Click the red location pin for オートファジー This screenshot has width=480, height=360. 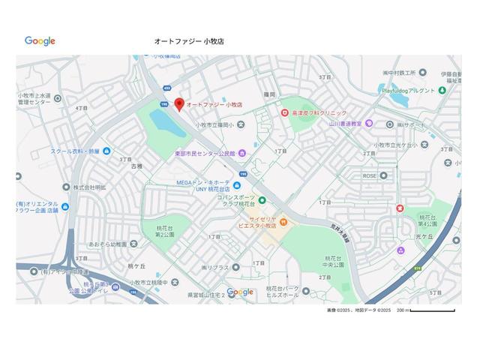[179, 104]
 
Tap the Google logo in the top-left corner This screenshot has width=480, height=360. [40, 41]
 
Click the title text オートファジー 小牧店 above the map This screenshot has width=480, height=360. [189, 42]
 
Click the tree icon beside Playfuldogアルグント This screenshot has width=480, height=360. [442, 90]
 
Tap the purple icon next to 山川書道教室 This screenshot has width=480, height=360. [369, 123]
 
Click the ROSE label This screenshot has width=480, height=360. [370, 175]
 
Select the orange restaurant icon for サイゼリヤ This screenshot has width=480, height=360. [283, 221]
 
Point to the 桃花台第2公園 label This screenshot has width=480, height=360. [165, 231]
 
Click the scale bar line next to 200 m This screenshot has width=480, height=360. [433, 310]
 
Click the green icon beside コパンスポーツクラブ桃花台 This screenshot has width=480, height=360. [262, 199]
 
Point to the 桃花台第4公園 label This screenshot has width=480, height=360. [427, 220]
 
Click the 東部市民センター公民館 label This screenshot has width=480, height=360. [205, 153]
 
